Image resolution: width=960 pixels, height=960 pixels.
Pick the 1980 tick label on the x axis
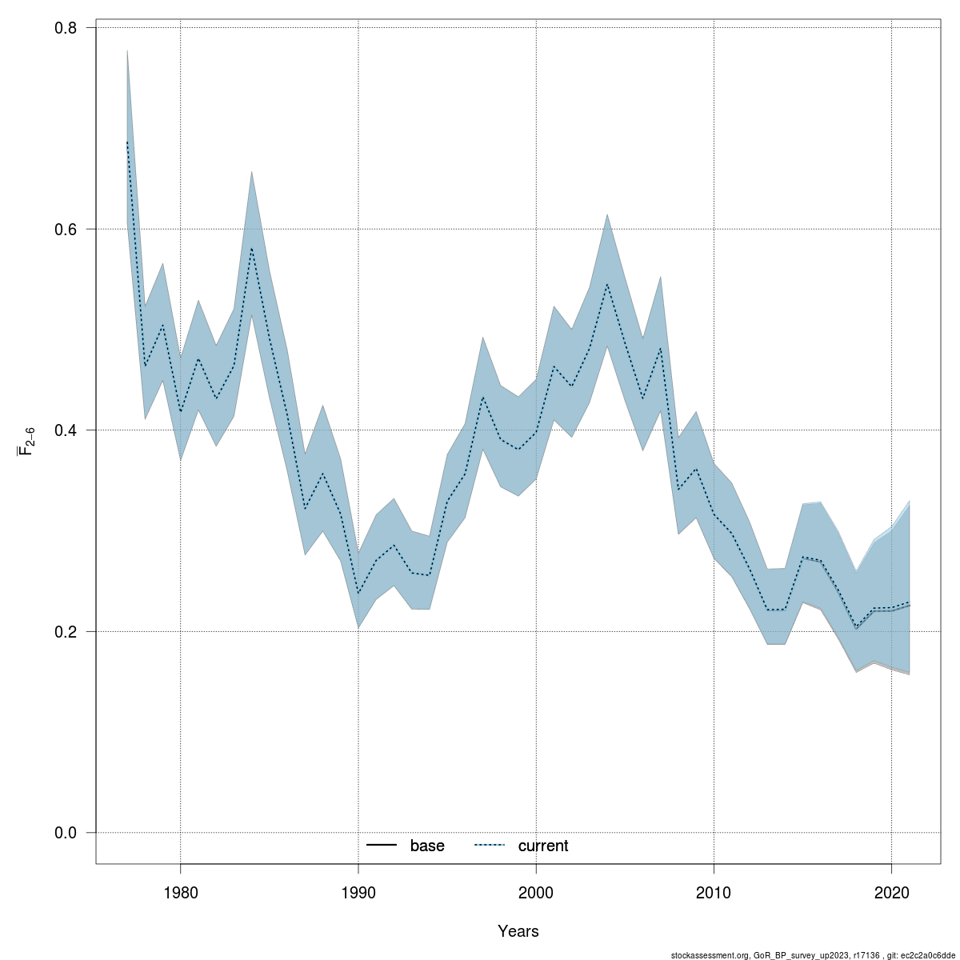(x=180, y=892)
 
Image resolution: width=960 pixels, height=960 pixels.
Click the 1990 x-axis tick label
(x=358, y=892)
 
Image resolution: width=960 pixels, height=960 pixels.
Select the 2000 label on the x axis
(x=536, y=892)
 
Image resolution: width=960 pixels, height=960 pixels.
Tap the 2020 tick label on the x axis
(x=891, y=892)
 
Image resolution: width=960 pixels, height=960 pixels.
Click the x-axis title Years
(x=518, y=931)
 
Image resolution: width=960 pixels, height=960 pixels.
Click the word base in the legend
(x=427, y=846)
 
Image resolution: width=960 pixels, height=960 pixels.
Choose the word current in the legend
(x=543, y=846)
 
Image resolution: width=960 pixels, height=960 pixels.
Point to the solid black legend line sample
(x=382, y=846)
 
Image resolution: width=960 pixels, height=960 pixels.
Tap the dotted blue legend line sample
(x=490, y=846)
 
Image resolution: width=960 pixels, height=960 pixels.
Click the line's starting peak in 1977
(x=127, y=142)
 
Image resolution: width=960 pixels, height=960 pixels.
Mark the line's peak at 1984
(x=251, y=248)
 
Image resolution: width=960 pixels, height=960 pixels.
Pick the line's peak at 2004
(x=607, y=284)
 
